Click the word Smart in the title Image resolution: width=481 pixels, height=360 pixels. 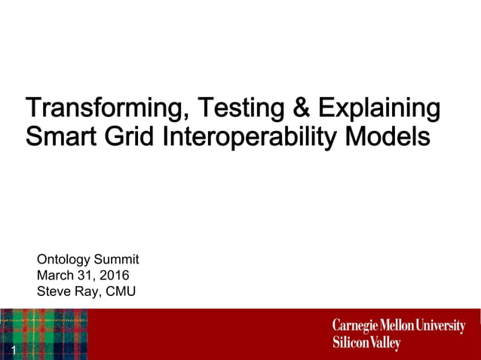(58, 138)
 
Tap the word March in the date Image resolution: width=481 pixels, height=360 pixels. (55, 276)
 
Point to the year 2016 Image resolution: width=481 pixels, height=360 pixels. (115, 276)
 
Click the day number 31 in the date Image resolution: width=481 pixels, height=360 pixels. (86, 276)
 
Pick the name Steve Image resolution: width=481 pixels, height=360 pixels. (53, 291)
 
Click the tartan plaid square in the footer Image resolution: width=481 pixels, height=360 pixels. (44, 334)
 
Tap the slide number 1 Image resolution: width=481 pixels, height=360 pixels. (14, 351)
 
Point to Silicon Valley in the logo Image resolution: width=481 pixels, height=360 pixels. (366, 343)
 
